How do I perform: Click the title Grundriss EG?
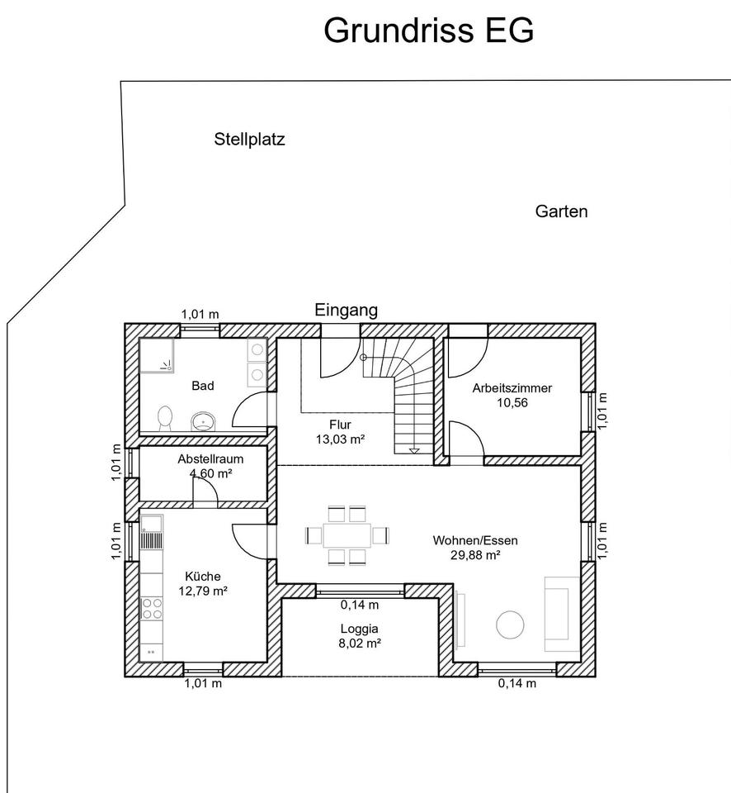click(428, 31)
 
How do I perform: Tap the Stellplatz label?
click(249, 139)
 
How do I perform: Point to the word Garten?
click(561, 211)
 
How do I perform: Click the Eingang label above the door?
click(346, 310)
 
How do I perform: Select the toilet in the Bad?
click(165, 418)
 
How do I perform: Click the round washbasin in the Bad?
click(203, 420)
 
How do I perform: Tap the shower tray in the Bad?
click(157, 355)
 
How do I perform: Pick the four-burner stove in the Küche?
click(152, 609)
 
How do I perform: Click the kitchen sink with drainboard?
click(152, 532)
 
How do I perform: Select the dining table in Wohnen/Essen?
click(347, 535)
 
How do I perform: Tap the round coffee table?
click(510, 625)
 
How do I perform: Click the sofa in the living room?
click(561, 614)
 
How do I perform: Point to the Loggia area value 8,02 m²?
click(359, 643)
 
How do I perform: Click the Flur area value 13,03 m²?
click(341, 439)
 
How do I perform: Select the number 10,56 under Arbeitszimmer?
click(512, 402)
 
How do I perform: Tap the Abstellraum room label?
click(210, 459)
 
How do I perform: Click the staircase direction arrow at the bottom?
click(414, 451)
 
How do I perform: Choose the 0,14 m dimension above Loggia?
click(360, 605)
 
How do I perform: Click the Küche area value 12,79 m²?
click(203, 591)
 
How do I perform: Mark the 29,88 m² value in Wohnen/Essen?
click(475, 555)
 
